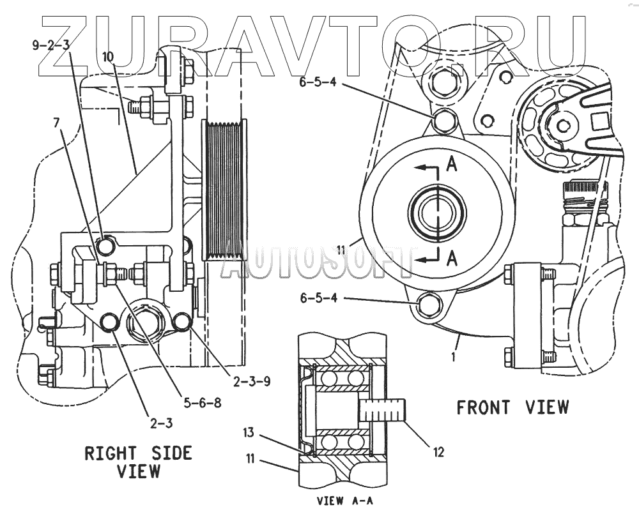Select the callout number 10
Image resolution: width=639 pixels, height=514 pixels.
pyautogui.click(x=107, y=57)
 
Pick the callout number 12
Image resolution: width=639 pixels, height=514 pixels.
pyautogui.click(x=438, y=453)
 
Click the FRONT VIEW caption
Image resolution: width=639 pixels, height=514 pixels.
pyautogui.click(x=512, y=407)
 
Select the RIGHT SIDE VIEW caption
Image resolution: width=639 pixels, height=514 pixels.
pyautogui.click(x=138, y=462)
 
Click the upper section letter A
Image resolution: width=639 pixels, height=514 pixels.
pyautogui.click(x=452, y=165)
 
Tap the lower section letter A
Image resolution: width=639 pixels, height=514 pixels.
pyautogui.click(x=452, y=258)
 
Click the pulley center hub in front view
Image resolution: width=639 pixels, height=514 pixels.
pyautogui.click(x=432, y=211)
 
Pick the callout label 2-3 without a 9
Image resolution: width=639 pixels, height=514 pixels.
pyautogui.click(x=162, y=421)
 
